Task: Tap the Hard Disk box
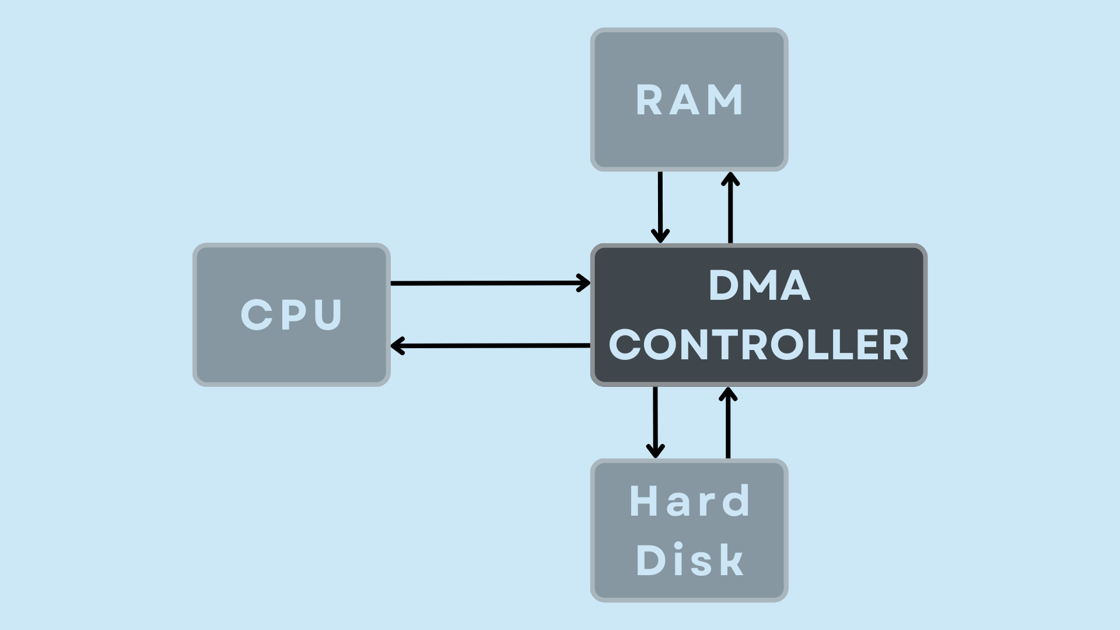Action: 689,530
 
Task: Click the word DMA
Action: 759,286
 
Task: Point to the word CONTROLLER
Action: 759,345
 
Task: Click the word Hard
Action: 690,501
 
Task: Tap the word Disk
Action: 690,560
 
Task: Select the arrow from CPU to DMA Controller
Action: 490,283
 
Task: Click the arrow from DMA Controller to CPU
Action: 490,346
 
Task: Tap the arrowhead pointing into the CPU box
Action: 397,346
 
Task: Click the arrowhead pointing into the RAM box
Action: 730,178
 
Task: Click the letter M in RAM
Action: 727,100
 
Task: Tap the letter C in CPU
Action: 257,315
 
